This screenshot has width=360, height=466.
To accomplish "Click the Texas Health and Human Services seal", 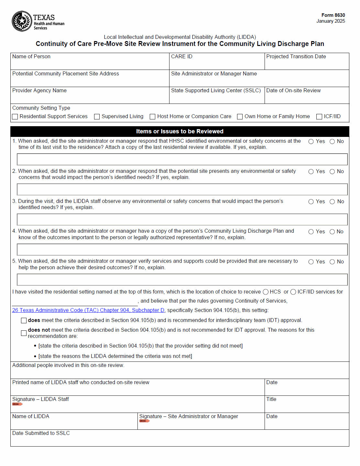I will click(x=22, y=21).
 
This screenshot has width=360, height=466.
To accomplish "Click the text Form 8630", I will click(x=333, y=15).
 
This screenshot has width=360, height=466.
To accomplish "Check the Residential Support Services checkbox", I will click(x=15, y=116).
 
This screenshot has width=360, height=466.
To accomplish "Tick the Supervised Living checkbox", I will click(x=97, y=116).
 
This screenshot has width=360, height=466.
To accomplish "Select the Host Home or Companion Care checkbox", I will click(x=152, y=116).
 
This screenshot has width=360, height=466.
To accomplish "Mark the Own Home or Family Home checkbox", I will click(x=240, y=116).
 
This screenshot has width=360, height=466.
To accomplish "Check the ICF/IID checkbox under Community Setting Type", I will click(x=319, y=116).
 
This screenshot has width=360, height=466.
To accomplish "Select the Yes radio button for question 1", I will click(x=311, y=141).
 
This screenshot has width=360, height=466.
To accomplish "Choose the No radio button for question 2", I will click(x=332, y=172).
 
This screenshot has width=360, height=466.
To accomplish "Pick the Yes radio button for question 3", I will click(x=311, y=202).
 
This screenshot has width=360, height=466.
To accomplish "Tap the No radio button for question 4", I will click(x=332, y=232).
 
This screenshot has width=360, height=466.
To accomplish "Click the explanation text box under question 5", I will click(x=182, y=280).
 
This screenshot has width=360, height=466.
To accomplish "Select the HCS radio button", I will click(x=266, y=292).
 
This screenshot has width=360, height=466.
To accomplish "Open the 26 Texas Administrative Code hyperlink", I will click(x=88, y=310).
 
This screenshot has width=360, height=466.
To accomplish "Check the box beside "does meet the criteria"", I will click(x=24, y=320).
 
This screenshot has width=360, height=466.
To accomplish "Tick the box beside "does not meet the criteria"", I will click(x=24, y=333).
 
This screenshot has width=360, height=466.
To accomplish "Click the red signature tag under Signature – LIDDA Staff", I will click(x=17, y=404).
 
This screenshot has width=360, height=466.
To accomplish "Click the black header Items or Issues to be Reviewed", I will click(x=180, y=131).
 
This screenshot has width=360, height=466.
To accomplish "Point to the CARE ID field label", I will click(x=181, y=57).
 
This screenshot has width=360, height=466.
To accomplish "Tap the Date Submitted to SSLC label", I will click(x=41, y=433).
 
